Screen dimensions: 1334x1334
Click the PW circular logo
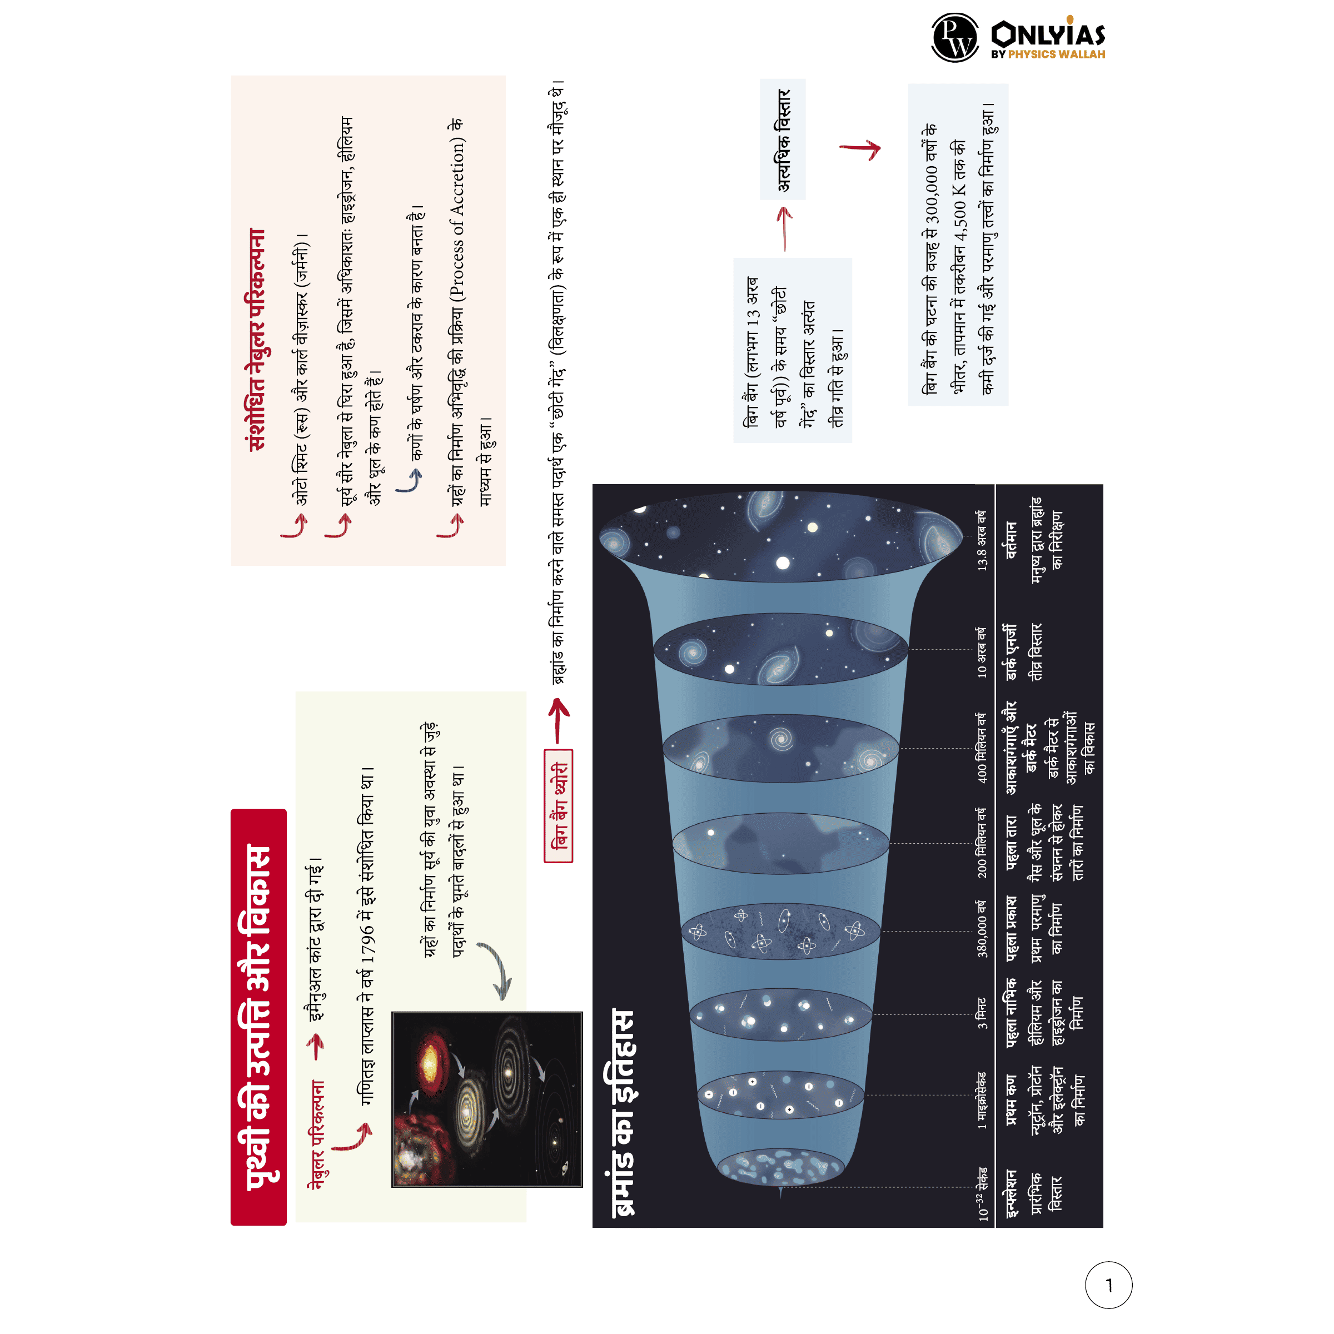[x=955, y=37]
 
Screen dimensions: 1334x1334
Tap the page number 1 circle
[x=1109, y=1285]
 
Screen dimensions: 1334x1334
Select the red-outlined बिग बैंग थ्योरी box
[x=559, y=806]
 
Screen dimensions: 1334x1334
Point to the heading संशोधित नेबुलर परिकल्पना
[x=257, y=340]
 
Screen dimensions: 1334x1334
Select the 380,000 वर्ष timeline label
[x=982, y=929]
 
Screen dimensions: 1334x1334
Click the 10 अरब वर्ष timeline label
[x=981, y=652]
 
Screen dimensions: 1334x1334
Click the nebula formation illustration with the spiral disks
[x=487, y=1099]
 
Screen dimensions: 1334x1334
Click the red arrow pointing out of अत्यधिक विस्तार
[x=860, y=149]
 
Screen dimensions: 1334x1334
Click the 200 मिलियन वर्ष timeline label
[x=982, y=843]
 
